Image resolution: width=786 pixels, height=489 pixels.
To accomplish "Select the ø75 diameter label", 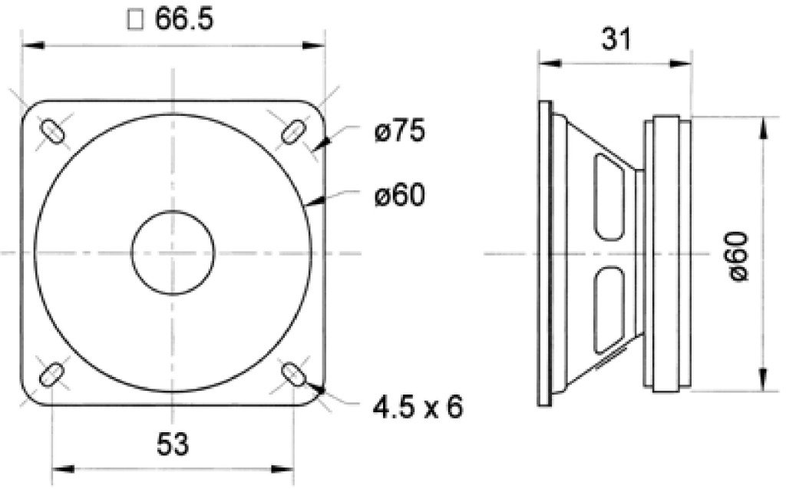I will click(399, 132).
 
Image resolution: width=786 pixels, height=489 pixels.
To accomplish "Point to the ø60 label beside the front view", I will click(399, 197).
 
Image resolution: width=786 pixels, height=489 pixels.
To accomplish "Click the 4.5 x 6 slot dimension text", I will click(419, 407).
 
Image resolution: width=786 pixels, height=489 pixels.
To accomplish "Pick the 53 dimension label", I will click(173, 443).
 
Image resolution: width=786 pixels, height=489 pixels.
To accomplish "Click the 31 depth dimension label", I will click(613, 38).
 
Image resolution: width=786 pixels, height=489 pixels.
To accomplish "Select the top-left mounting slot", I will click(51, 131).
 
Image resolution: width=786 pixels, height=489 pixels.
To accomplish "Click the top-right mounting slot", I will click(292, 131).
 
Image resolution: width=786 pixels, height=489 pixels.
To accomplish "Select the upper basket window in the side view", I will click(606, 197).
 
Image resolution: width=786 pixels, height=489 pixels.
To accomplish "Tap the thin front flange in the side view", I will click(544, 253).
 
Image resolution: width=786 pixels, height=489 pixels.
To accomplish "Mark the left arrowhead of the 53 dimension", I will click(58, 468).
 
